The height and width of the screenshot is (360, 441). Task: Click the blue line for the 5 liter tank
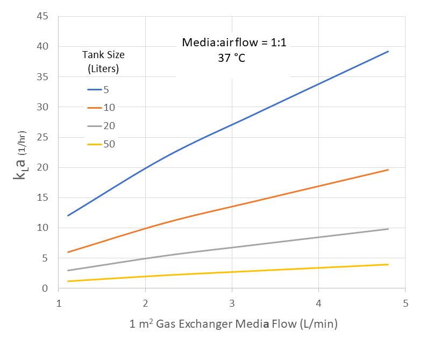point(232,124)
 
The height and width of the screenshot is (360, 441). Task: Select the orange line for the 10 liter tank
point(232,206)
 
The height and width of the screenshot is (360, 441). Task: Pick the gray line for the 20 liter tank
point(232,248)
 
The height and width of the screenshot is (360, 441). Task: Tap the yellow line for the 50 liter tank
point(232,272)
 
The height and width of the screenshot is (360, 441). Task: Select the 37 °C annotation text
point(232,58)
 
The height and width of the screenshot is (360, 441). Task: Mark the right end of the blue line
point(388,52)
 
